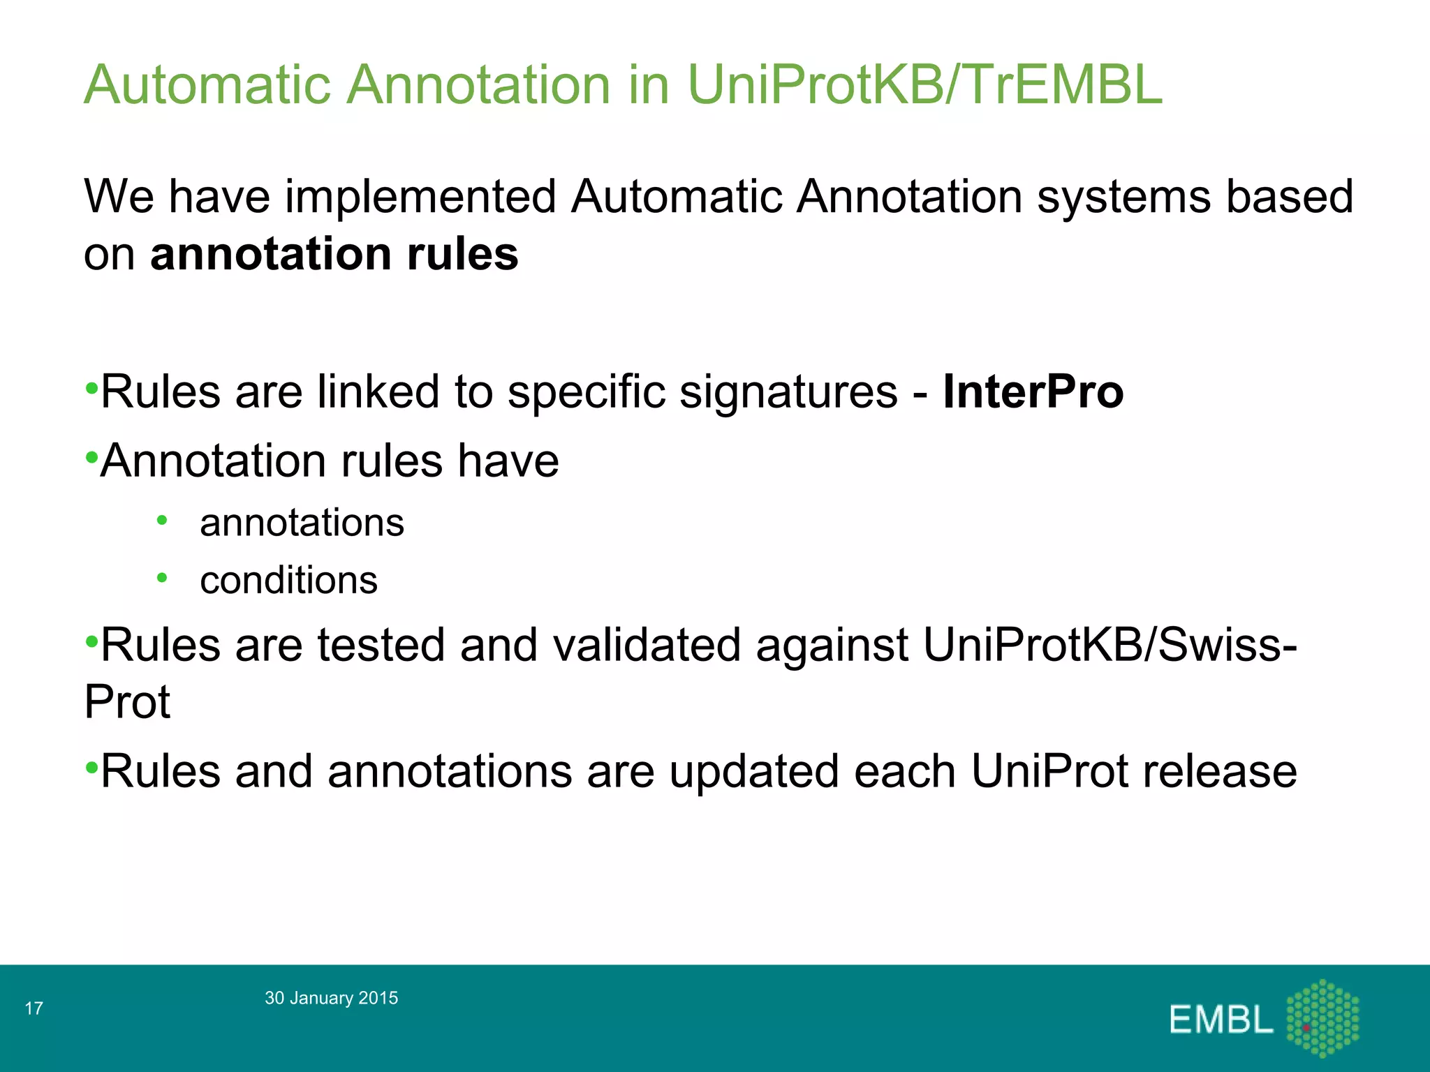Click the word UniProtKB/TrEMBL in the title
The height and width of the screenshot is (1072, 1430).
pos(924,85)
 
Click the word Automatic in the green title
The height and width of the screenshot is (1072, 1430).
pos(207,85)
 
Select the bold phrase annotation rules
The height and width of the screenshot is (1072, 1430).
pos(334,254)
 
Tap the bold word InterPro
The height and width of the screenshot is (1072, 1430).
pos(1033,392)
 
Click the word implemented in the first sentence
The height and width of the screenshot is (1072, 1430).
pos(420,197)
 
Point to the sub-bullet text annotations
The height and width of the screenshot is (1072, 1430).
pos(302,523)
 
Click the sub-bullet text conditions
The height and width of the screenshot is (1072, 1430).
pos(288,581)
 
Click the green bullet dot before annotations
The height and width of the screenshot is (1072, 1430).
pos(162,520)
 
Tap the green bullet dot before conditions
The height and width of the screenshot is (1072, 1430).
pos(162,578)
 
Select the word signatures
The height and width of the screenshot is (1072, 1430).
pos(788,392)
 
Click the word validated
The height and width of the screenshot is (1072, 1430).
pos(647,645)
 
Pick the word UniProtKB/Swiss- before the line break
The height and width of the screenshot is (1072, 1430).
pos(1110,645)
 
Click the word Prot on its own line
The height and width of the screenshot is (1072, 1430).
pos(127,702)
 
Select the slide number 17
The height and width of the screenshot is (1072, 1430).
pos(34,1008)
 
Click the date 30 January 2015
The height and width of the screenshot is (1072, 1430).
pos(331,998)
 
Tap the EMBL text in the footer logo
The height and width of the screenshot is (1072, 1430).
pos(1221,1020)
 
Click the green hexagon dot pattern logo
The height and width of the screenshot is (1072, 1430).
pos(1322,1018)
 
